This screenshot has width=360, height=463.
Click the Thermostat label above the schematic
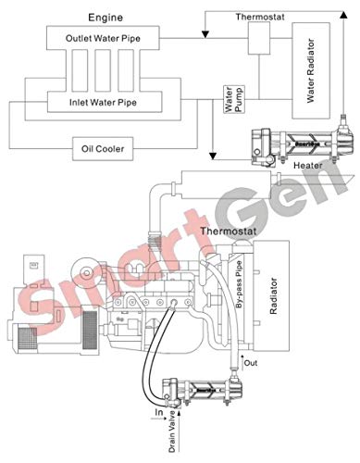click(x=260, y=17)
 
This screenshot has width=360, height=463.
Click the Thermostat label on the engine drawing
click(x=227, y=201)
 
